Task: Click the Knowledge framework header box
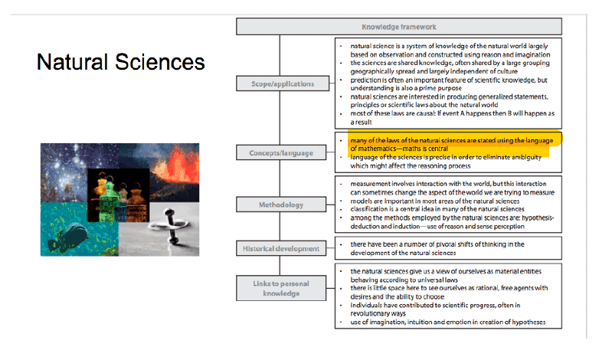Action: coord(399,27)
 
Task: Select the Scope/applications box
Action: coord(283,83)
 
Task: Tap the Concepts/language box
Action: coord(281,152)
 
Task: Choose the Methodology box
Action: coord(281,205)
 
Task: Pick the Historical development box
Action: coord(281,248)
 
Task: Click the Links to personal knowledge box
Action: coord(281,288)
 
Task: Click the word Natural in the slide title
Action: coord(72,62)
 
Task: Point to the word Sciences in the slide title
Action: coord(160,62)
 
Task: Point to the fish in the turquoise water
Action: coord(70,235)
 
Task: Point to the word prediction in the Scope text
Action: coord(365,80)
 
